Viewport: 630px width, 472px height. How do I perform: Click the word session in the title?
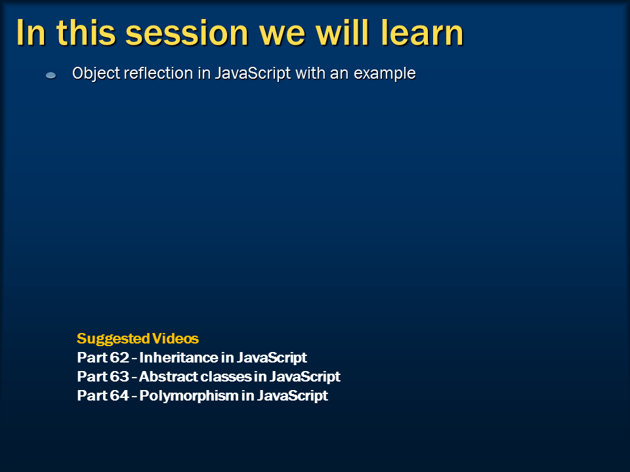187,33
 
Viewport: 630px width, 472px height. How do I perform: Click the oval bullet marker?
51,75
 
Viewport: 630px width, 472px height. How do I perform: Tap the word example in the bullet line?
385,74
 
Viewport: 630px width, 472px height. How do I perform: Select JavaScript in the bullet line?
253,74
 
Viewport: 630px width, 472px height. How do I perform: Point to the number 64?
119,395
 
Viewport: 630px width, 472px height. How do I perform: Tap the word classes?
226,376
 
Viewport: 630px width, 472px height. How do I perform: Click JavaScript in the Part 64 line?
293,396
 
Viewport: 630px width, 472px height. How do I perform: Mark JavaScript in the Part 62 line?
271,358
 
